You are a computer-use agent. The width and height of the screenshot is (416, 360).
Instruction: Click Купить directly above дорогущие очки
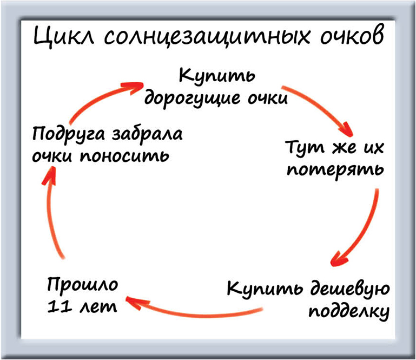tap(216, 76)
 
